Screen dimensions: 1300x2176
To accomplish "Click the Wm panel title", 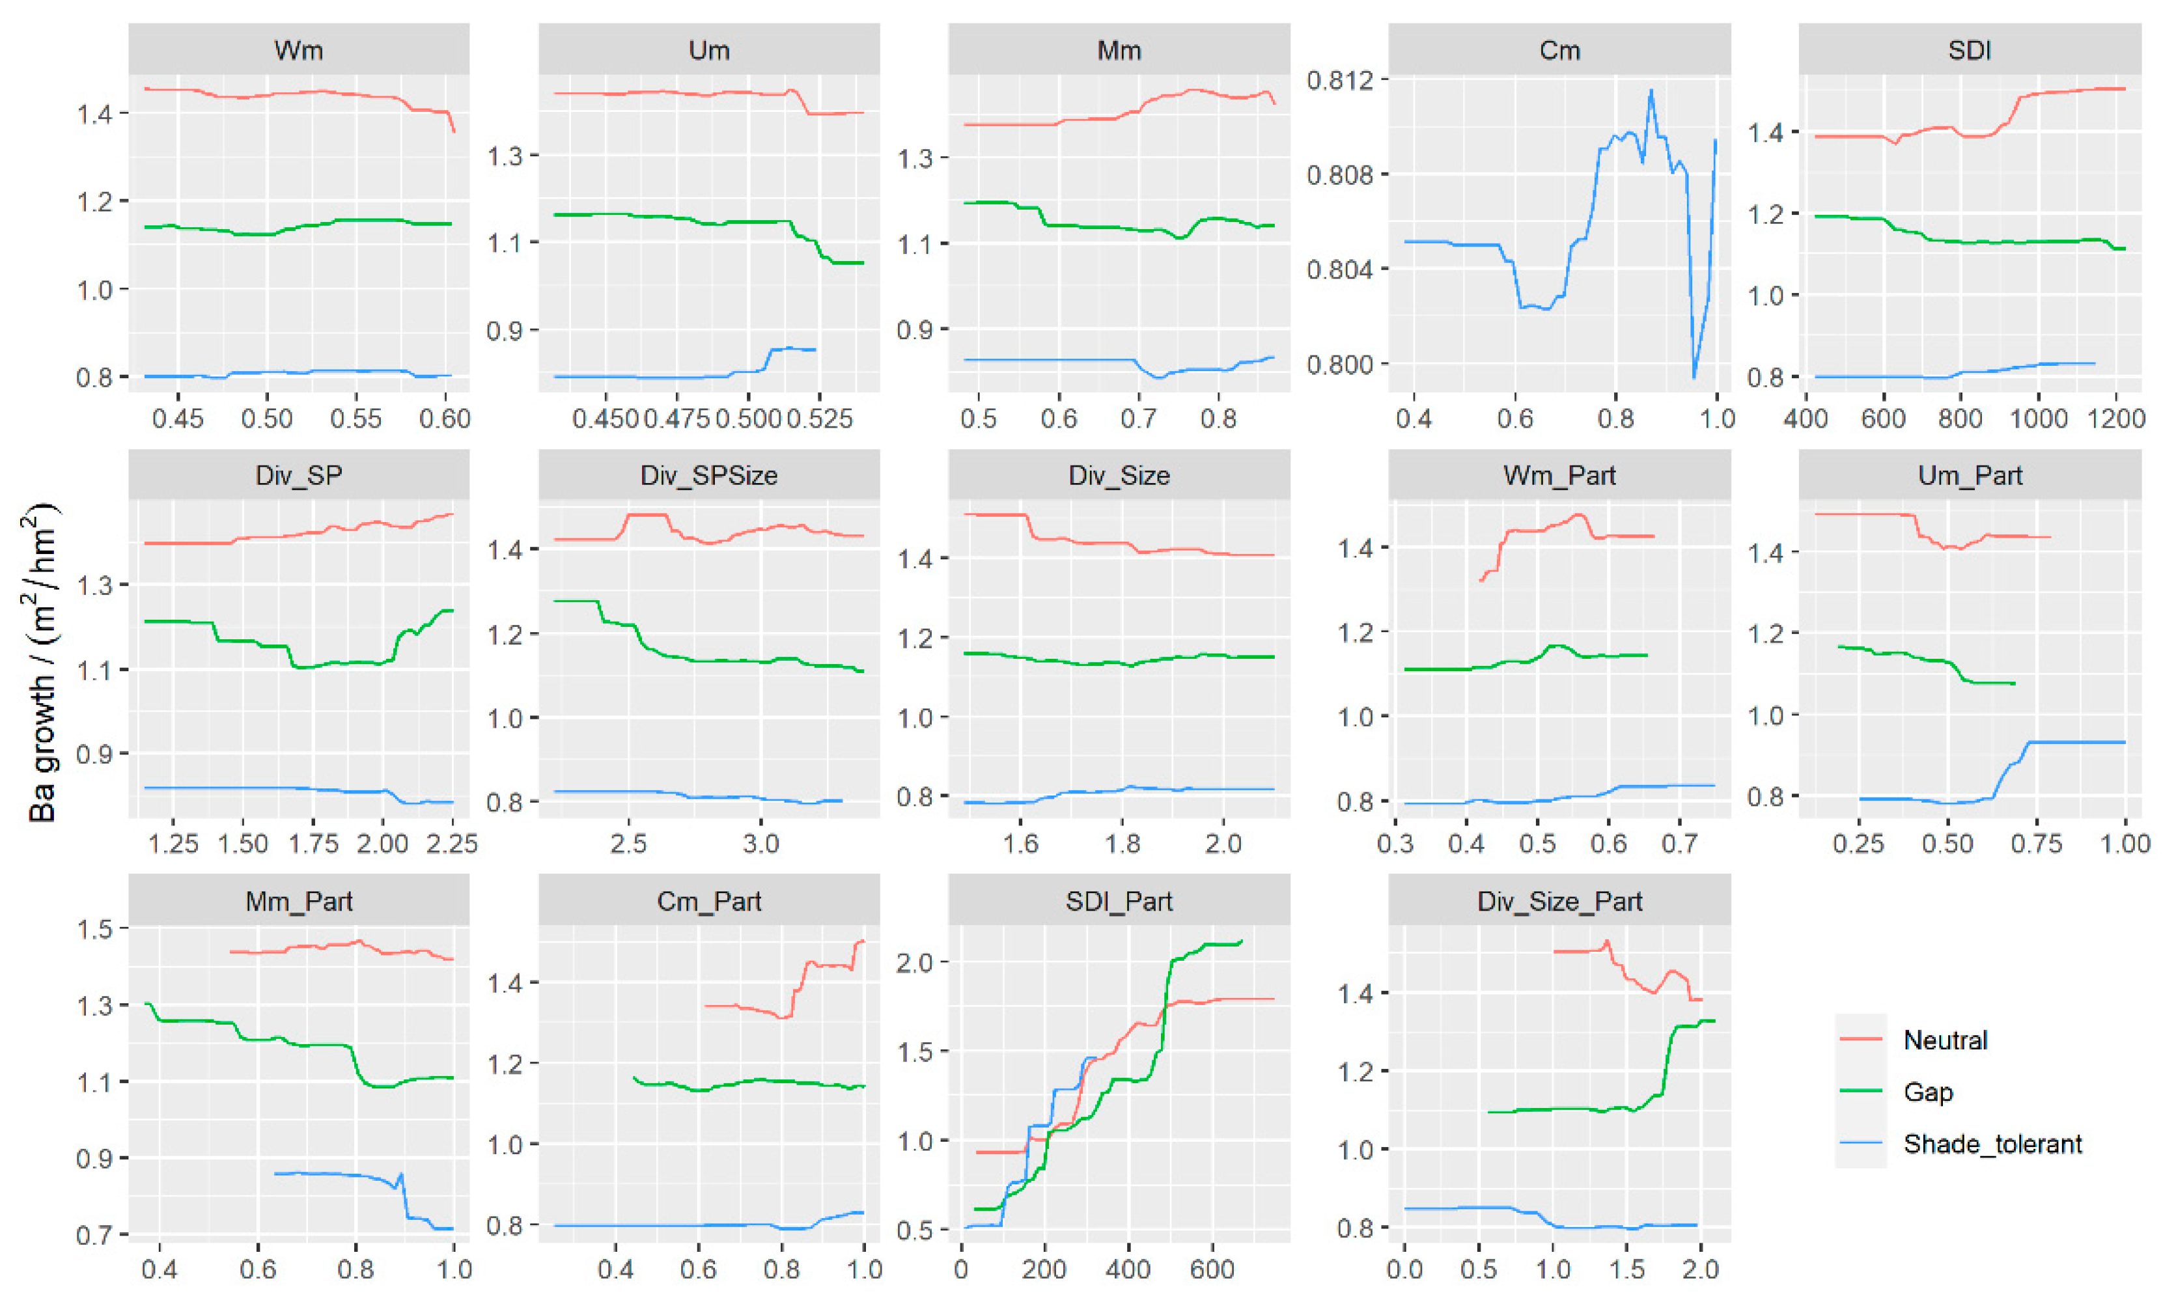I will pos(299,50).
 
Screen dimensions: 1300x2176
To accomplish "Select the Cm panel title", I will pos(1559,50).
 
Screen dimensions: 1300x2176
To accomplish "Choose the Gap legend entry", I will pos(1928,1092).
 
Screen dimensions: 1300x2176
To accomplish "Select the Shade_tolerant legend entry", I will pos(1992,1143).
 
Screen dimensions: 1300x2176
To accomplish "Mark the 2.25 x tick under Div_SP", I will pos(452,844).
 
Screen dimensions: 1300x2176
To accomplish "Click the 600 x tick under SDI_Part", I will pos(1212,1269).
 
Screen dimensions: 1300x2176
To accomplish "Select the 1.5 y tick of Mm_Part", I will pos(96,928).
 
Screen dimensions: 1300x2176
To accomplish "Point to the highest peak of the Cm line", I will pos(1651,90).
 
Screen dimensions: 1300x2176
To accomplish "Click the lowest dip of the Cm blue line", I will pos(1694,377).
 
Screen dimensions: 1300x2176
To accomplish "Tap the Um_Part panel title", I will pos(1969,476).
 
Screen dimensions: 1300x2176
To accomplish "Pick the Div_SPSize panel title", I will pos(708,476).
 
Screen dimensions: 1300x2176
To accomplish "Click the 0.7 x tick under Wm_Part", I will pos(1679,844).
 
